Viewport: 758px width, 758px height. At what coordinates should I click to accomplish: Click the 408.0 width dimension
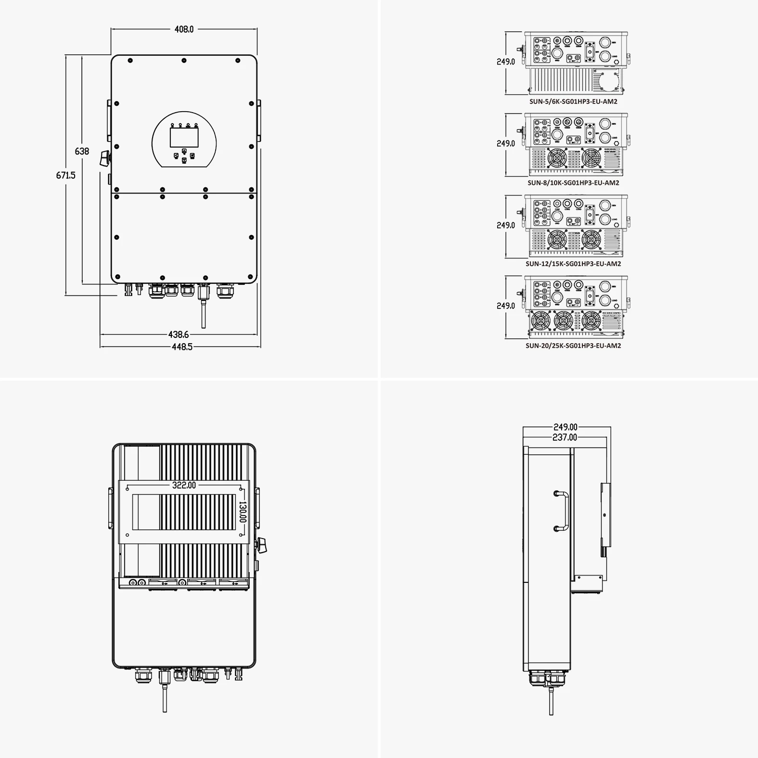184,29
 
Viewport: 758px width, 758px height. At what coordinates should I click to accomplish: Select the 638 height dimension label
82,151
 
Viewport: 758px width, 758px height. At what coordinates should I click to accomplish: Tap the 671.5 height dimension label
65,175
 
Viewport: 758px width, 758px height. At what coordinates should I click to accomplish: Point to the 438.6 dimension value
178,334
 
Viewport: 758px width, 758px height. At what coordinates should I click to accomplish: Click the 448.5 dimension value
182,347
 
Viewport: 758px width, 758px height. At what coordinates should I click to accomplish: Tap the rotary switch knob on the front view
105,158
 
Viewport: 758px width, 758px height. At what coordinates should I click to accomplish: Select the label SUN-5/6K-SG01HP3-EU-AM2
573,102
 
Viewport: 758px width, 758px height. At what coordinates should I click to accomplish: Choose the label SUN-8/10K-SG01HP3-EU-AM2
573,183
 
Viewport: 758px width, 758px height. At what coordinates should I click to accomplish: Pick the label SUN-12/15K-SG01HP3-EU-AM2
573,264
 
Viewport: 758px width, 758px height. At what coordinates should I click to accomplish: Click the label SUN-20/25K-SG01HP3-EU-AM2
573,346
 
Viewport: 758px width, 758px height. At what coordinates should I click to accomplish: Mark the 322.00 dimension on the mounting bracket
184,485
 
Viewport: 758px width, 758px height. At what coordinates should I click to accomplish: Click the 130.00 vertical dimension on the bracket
243,512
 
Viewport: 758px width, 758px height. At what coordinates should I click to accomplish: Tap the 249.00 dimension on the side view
565,427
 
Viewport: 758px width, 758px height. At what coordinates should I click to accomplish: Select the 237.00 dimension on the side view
565,437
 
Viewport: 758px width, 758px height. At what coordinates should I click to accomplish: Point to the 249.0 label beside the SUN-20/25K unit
505,306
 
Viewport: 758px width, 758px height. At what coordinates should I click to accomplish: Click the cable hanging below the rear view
165,698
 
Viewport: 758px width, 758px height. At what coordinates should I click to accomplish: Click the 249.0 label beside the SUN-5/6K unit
505,62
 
